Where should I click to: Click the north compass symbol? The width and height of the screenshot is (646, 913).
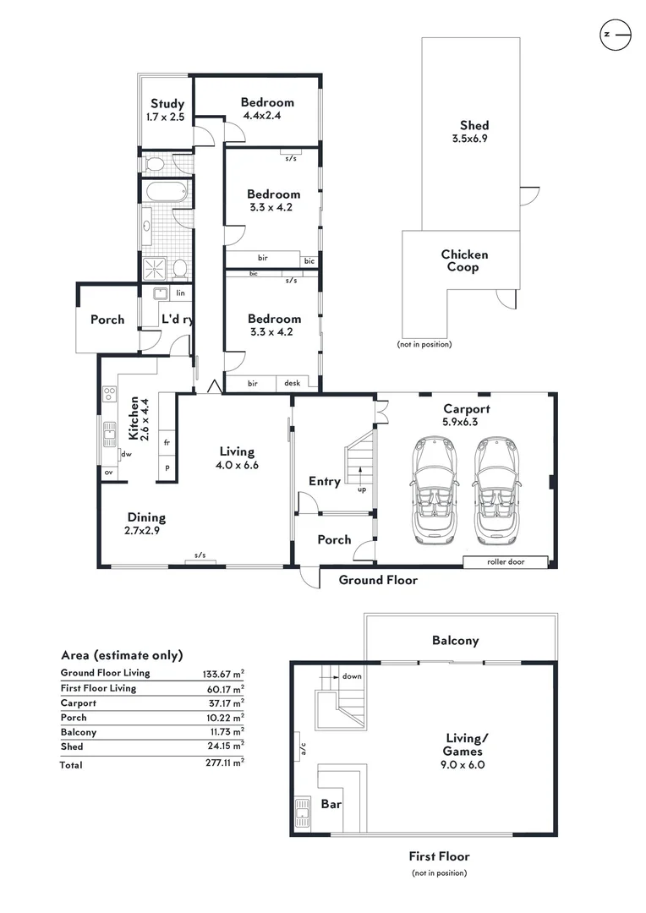[615, 35]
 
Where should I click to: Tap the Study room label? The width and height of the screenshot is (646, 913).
[167, 104]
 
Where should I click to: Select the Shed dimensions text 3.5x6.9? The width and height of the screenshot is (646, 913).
[469, 139]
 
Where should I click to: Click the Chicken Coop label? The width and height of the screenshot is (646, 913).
[464, 260]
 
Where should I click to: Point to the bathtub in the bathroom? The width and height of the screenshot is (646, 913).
[166, 192]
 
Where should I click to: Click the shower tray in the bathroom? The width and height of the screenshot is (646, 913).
[155, 268]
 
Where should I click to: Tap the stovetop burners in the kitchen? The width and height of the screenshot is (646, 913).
[109, 394]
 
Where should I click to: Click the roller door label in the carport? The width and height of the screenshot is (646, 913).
[506, 562]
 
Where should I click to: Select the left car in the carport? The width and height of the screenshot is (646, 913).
[435, 491]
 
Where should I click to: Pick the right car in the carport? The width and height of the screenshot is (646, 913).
[496, 491]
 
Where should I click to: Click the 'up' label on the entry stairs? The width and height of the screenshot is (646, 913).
[362, 489]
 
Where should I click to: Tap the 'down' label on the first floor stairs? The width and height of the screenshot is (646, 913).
[352, 676]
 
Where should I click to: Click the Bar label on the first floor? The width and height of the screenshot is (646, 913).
[331, 804]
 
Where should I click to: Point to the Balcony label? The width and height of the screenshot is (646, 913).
[456, 641]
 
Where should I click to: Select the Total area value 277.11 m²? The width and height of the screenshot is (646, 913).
[224, 763]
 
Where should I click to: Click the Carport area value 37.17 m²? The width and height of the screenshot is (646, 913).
[226, 703]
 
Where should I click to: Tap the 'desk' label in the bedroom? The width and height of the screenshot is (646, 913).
[293, 383]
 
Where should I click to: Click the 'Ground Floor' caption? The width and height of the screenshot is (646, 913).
[378, 580]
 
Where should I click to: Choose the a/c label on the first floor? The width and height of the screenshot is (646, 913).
[303, 749]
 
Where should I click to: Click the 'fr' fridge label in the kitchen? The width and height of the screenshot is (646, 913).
[167, 442]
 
